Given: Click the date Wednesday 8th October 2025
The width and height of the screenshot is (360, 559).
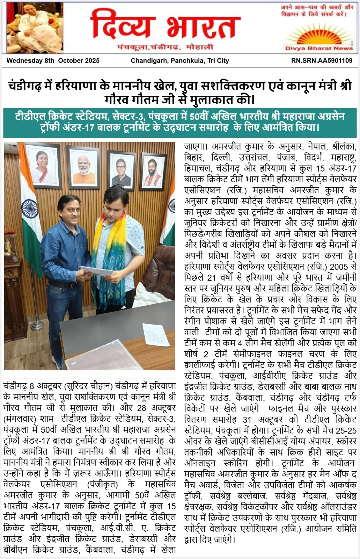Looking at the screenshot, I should [x=53, y=60].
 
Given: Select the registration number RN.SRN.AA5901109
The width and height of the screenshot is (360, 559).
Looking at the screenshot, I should [x=322, y=60].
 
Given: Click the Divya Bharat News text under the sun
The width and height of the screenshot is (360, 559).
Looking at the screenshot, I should [x=319, y=48].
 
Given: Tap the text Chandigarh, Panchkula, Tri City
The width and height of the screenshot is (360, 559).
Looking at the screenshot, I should [x=180, y=60].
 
